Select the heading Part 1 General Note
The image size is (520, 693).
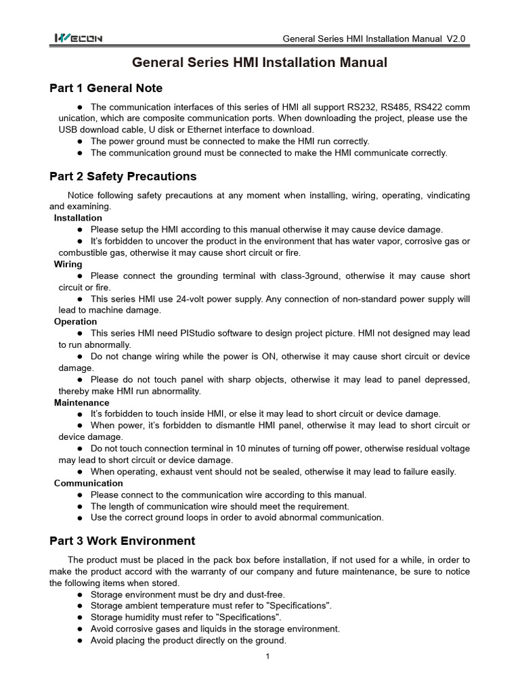[106, 88]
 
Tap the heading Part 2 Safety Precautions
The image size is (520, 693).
[123, 177]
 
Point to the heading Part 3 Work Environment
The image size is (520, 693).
[122, 541]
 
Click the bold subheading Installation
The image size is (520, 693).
[78, 218]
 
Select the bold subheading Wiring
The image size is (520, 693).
[68, 264]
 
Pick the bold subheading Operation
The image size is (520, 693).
[75, 322]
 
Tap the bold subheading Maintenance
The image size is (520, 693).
[81, 403]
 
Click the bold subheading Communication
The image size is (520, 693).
[88, 483]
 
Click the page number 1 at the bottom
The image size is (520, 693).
[268, 656]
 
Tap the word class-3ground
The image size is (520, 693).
[295, 276]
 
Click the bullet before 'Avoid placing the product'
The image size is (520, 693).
[81, 641]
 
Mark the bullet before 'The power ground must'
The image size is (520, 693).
[81, 141]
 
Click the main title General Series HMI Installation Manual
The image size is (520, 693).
[259, 63]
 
